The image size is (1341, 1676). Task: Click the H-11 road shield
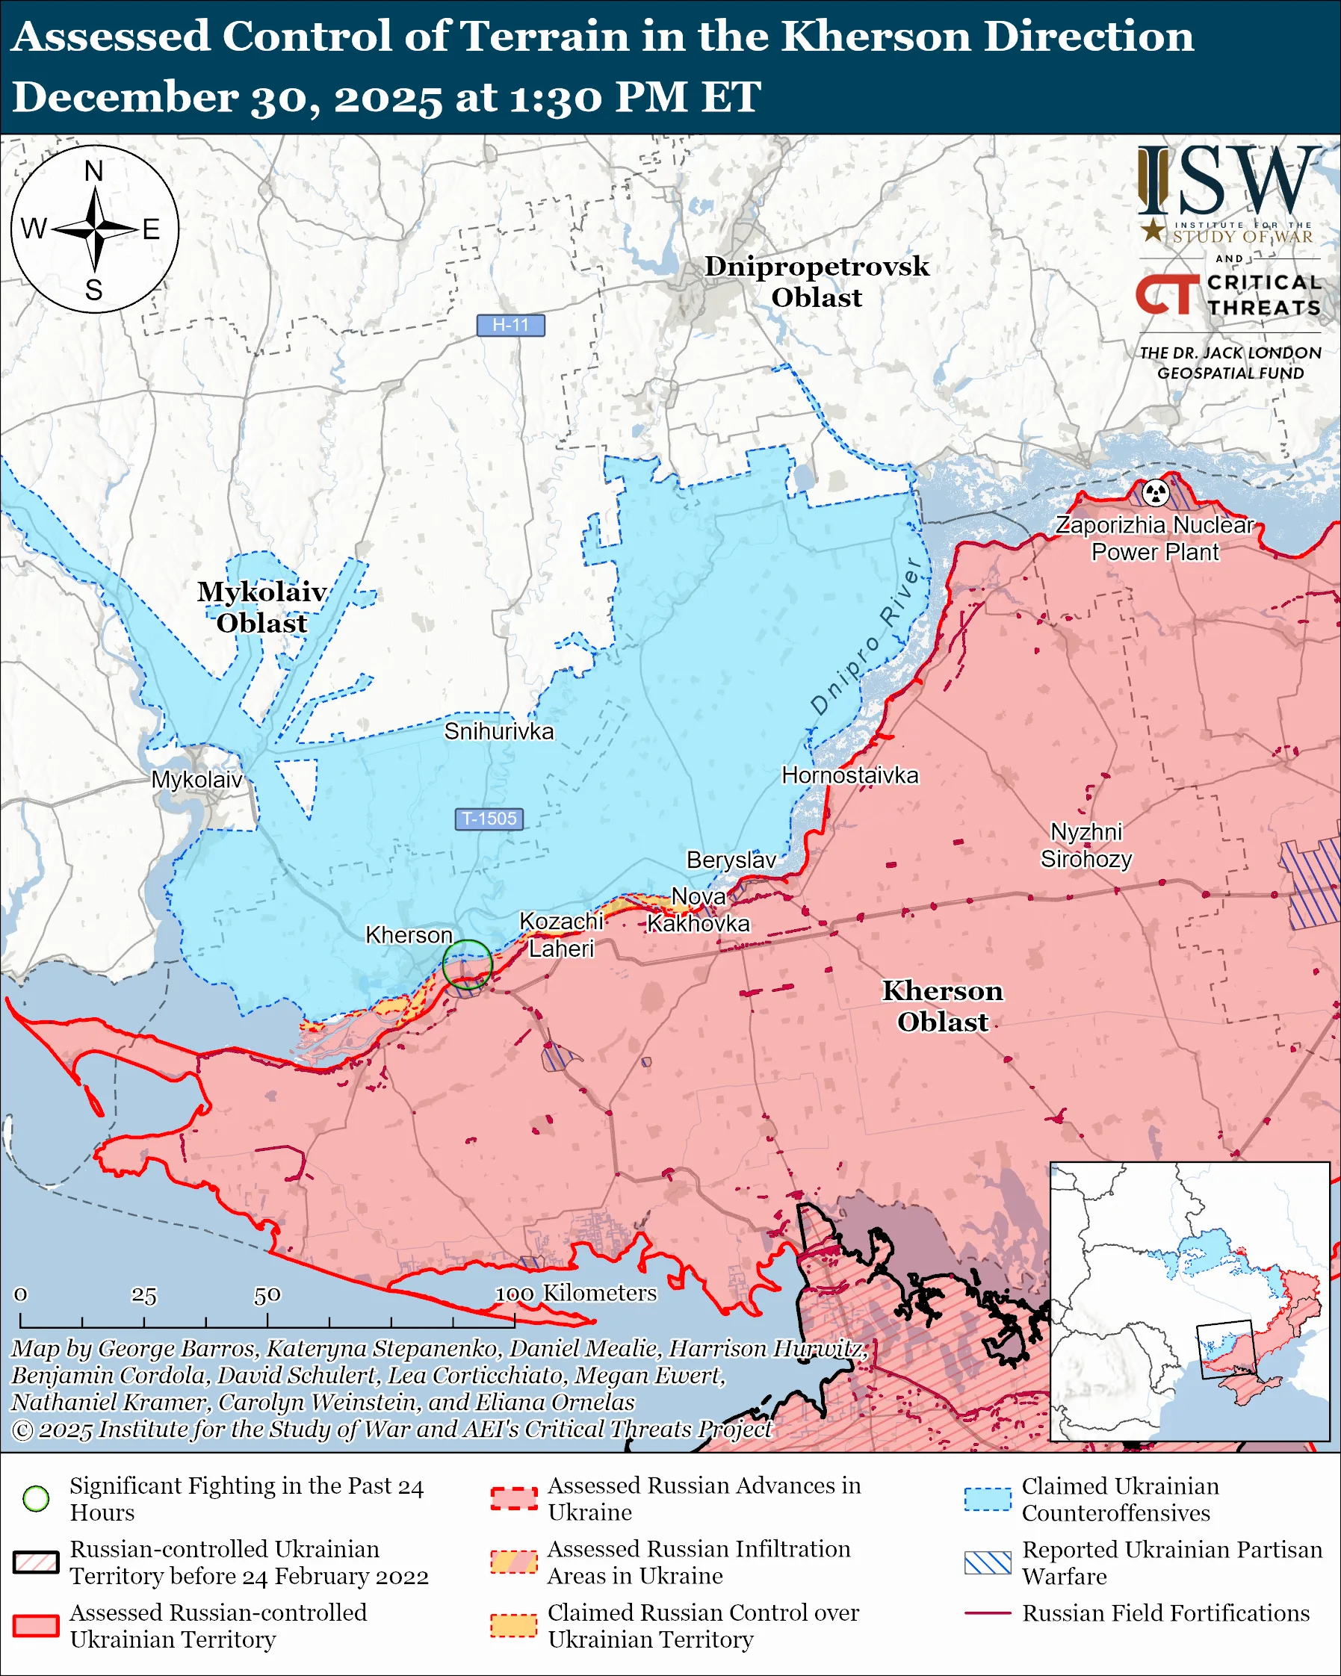pos(510,325)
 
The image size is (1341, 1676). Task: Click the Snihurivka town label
pos(498,731)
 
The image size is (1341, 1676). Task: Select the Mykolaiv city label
pos(196,780)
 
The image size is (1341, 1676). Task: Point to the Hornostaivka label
pos(849,775)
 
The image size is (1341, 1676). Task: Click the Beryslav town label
pos(731,860)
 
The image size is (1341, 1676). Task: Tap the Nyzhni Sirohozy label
pos(1086,845)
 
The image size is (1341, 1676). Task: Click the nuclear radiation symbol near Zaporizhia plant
pos(1156,492)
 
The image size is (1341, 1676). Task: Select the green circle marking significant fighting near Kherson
pos(467,964)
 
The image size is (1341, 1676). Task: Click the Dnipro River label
pos(867,635)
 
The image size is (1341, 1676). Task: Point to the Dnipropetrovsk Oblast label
pos(817,282)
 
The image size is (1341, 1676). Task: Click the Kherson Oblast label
pos(942,1006)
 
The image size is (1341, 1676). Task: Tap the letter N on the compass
pos(94,171)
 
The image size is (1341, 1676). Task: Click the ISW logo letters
pos(1228,182)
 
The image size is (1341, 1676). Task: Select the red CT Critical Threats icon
pos(1167,294)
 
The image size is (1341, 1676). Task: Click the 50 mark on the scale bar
pos(267,1295)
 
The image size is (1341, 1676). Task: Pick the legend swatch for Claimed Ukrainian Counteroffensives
pos(988,1499)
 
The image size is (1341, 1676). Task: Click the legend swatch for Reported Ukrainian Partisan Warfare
pos(988,1562)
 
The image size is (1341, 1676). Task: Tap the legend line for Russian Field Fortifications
pos(988,1613)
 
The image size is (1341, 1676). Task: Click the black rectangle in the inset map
pos(1226,1349)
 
